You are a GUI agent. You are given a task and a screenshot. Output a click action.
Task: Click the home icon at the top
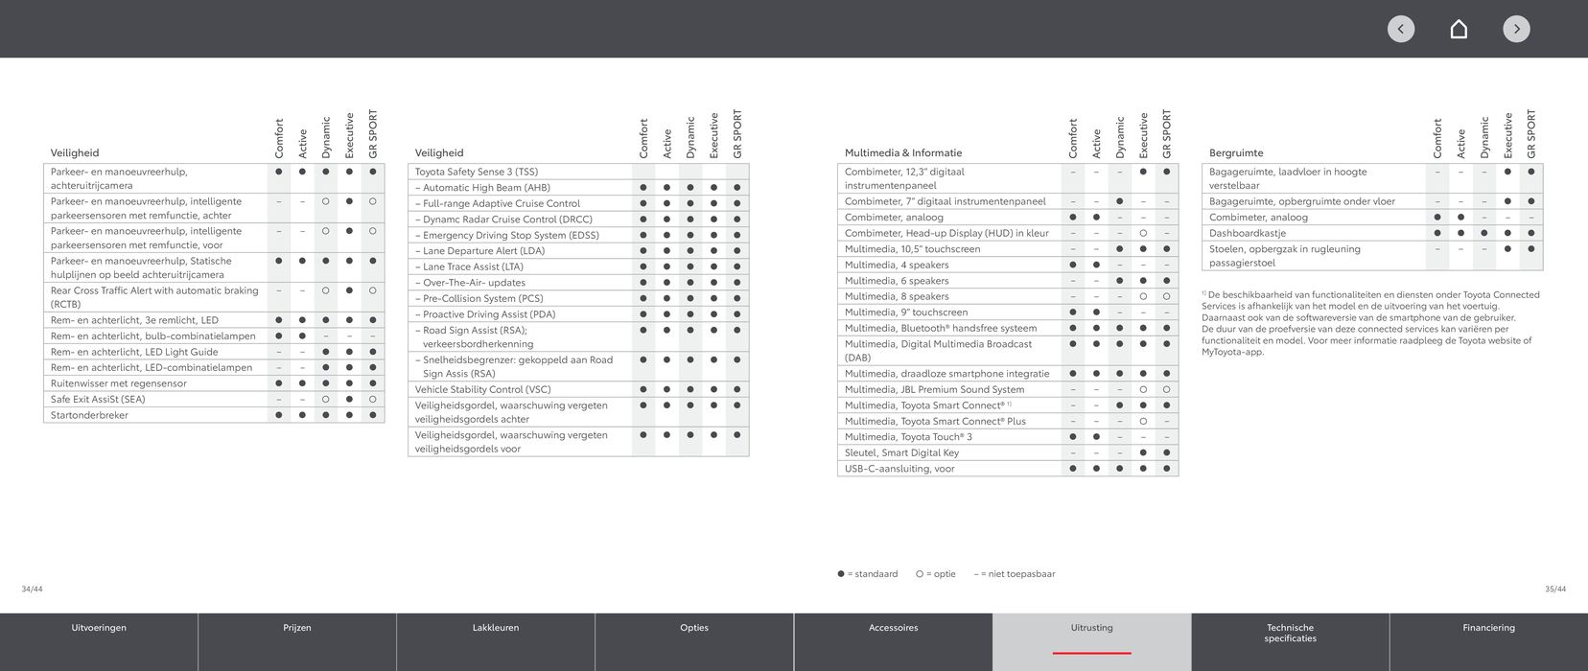(1459, 29)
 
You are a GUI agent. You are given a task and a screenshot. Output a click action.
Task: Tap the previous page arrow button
(1401, 29)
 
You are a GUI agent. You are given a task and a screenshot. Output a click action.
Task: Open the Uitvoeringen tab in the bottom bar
(99, 628)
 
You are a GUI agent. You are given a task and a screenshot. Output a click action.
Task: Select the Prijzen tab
(297, 628)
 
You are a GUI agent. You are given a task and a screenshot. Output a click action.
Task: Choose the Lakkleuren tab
(496, 628)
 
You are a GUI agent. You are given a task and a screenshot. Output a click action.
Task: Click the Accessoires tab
(893, 628)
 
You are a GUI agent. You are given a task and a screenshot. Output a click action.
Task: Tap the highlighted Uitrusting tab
(1091, 628)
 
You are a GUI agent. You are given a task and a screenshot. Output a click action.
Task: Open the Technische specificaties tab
(1290, 633)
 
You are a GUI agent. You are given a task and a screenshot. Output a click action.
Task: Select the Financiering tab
(1488, 628)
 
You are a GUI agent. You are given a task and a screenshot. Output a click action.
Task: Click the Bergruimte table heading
(1236, 152)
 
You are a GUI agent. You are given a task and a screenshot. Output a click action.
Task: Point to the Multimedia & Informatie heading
(902, 152)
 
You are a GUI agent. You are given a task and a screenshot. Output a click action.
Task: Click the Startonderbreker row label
(89, 415)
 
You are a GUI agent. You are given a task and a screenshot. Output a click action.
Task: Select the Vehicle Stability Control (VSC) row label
(482, 389)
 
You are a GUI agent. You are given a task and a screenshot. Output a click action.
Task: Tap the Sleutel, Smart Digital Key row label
(901, 452)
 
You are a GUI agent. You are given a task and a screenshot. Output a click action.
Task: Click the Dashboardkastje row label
(1248, 233)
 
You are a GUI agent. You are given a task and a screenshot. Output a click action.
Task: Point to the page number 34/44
(32, 589)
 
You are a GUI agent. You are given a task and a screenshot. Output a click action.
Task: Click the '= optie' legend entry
(936, 574)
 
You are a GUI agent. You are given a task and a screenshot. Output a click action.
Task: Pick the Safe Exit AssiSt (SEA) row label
(98, 399)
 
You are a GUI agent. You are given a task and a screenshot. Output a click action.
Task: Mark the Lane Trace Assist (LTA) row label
(473, 266)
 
